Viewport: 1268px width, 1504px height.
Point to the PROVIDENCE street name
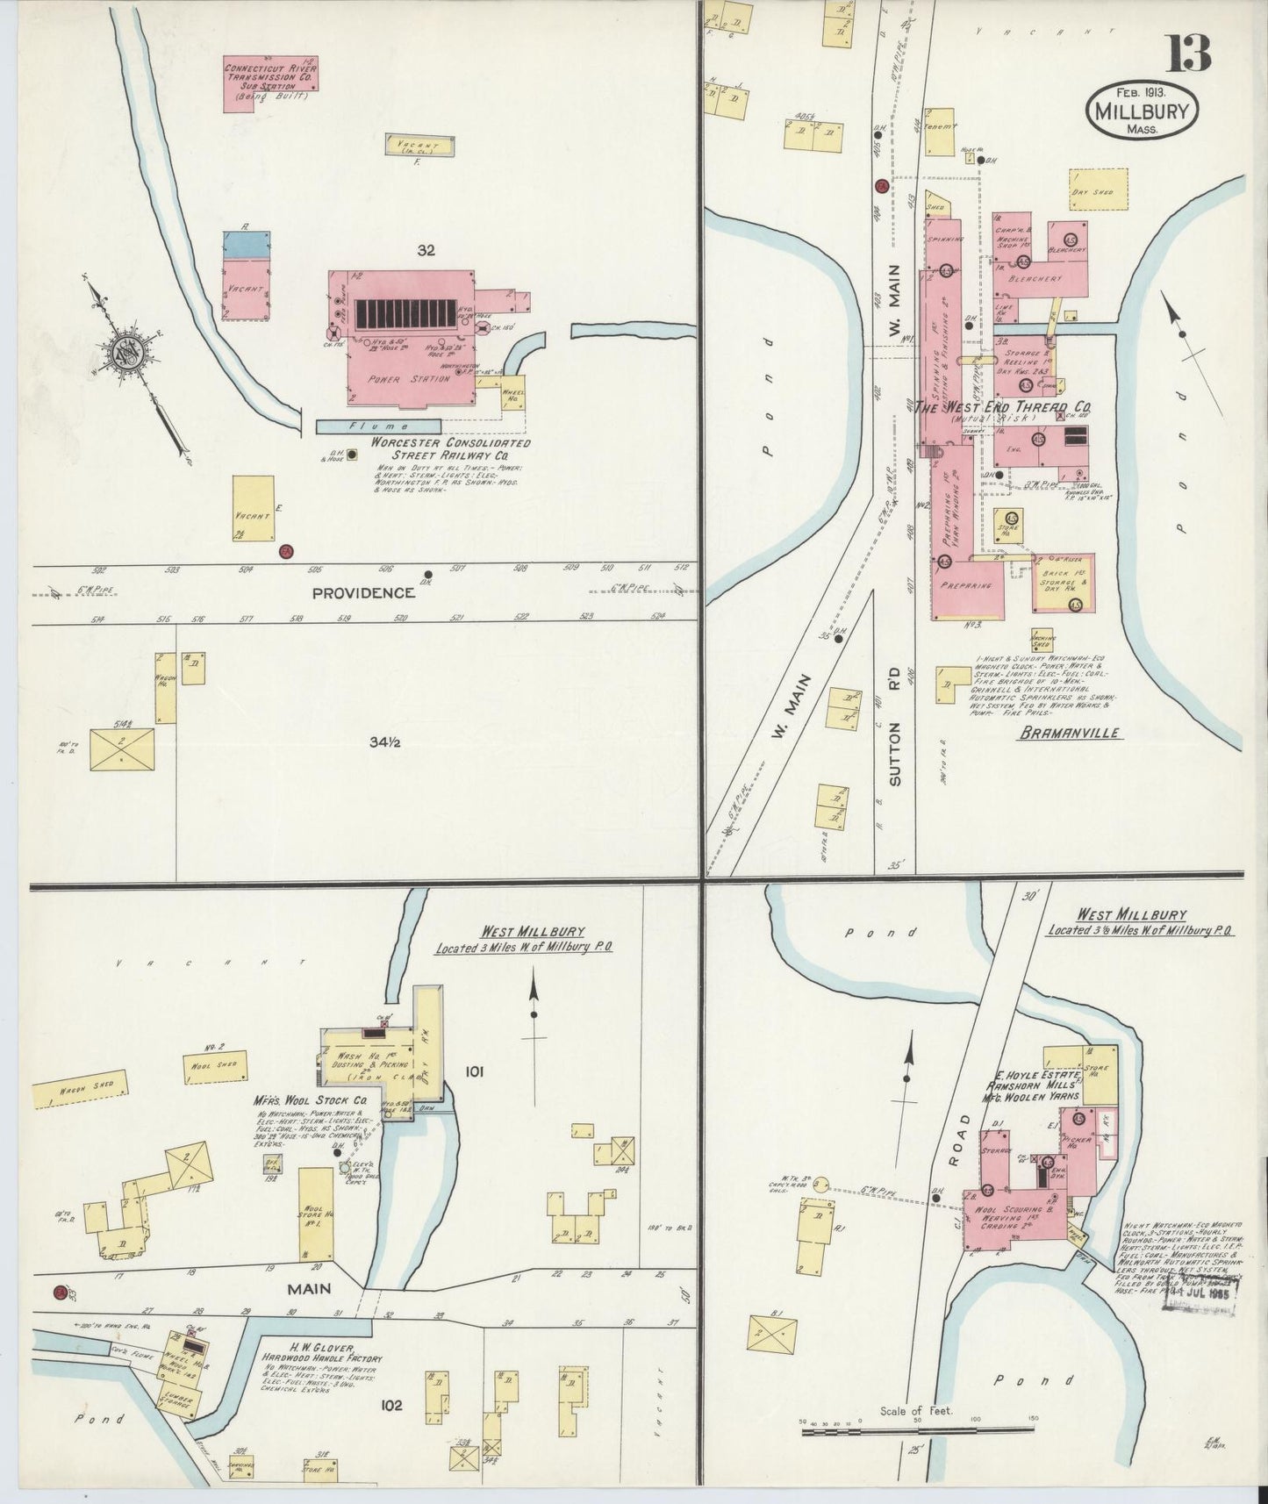(362, 593)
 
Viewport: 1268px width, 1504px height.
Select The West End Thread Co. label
(1003, 407)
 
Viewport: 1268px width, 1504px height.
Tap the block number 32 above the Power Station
(426, 251)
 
